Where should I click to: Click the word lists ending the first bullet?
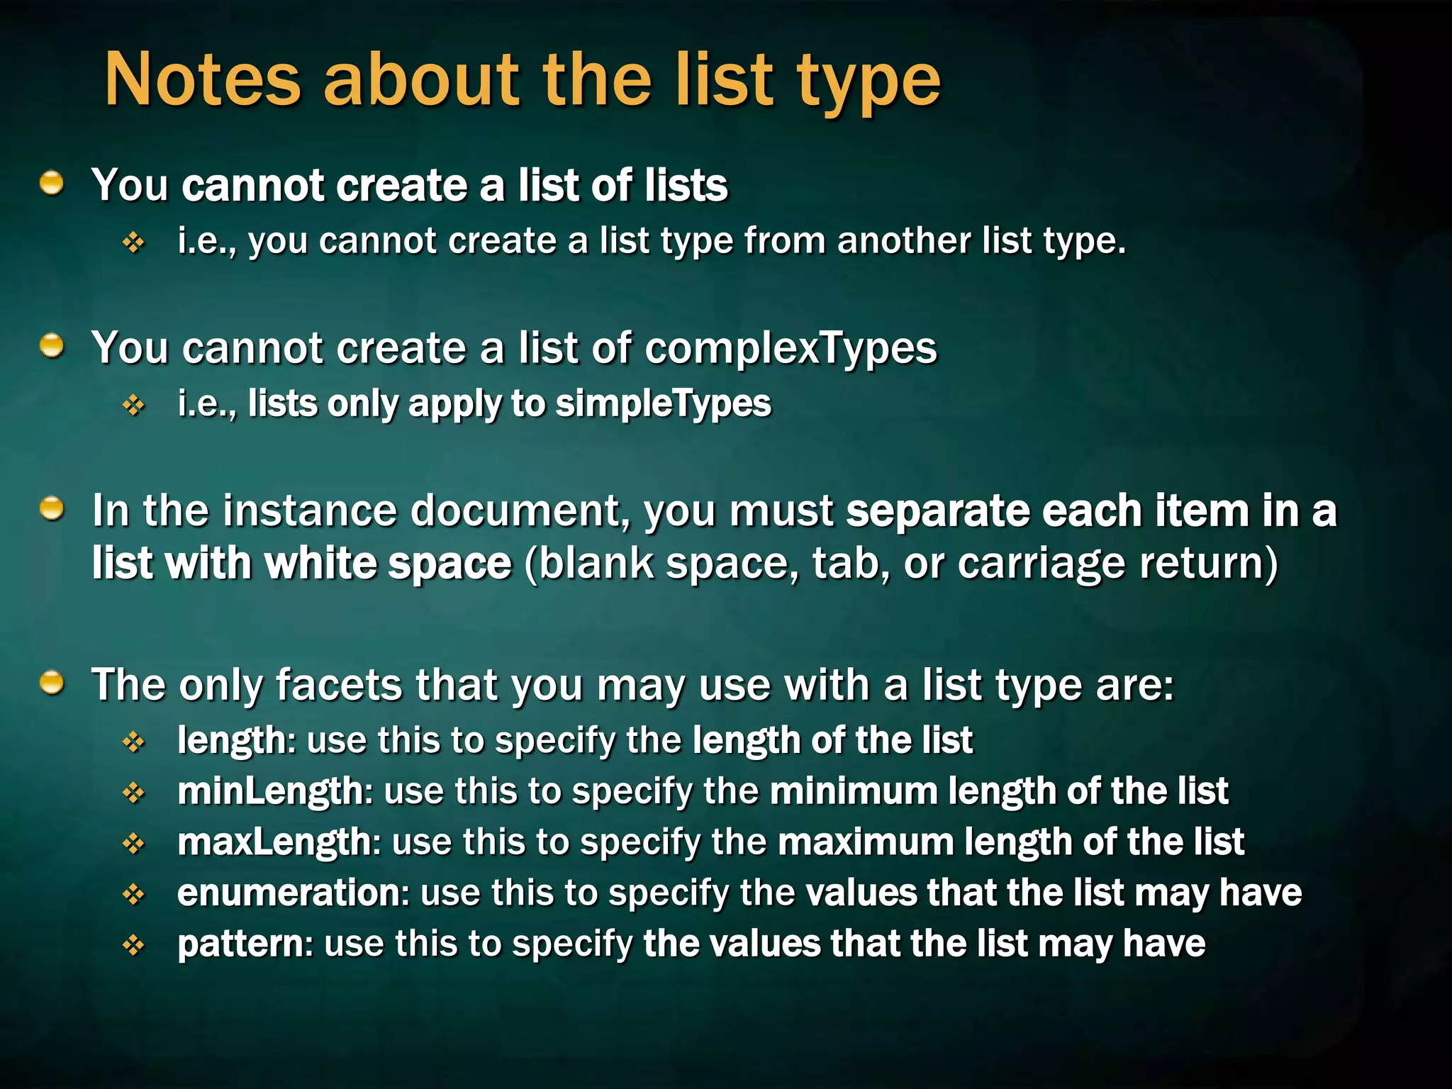point(686,185)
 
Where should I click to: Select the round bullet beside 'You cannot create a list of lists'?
point(52,184)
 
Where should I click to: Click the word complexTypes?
point(791,348)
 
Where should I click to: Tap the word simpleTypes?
point(663,404)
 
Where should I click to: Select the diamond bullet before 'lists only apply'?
point(133,406)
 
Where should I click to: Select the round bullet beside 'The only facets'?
point(52,683)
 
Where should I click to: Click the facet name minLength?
point(270,791)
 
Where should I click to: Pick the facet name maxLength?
point(274,842)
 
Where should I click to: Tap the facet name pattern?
point(240,944)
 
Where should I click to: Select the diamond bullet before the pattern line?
point(133,945)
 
